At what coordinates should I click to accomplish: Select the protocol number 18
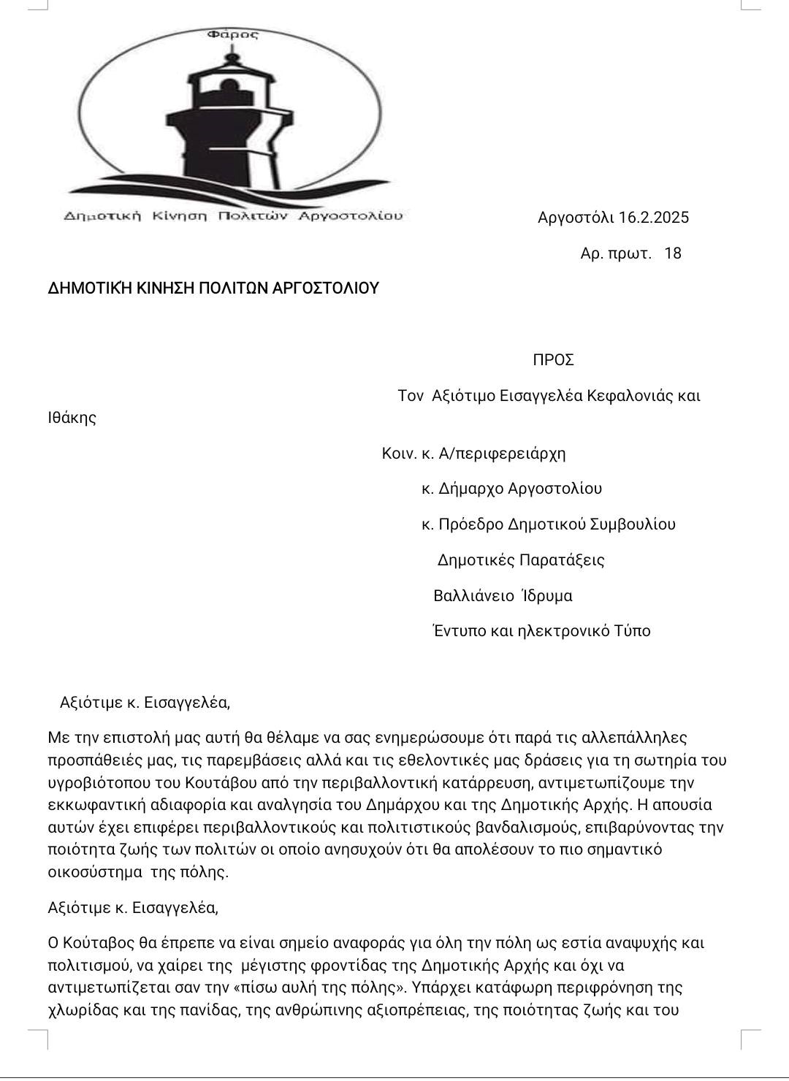[x=673, y=253]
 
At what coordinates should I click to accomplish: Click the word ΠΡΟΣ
[x=553, y=360]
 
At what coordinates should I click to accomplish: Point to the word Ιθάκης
[x=72, y=419]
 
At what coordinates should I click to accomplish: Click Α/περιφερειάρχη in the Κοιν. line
[x=502, y=454]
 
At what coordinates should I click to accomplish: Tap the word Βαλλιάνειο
[x=474, y=596]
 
